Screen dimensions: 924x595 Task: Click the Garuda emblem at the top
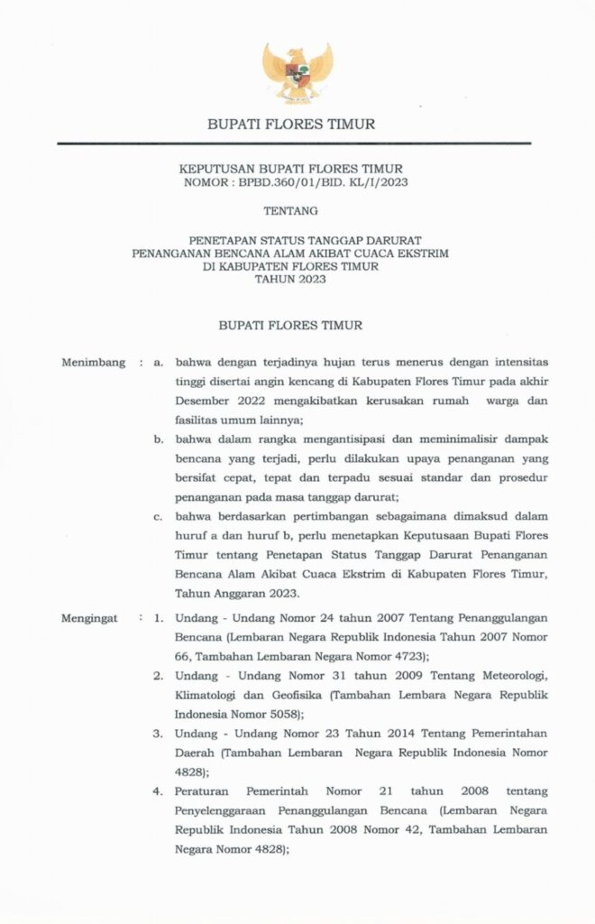pos(297,72)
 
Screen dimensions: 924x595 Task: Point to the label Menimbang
pos(92,363)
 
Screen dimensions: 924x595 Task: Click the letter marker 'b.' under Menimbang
pos(158,439)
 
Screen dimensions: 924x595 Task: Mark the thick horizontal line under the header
pos(294,143)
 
